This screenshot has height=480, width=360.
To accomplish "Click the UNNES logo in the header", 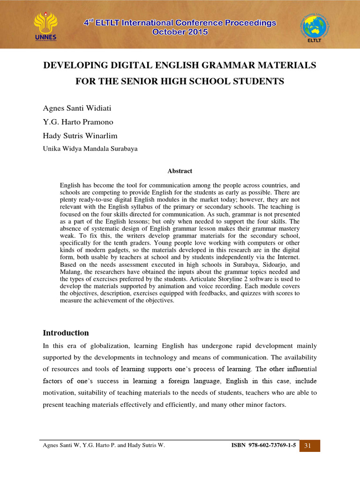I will tap(45, 26).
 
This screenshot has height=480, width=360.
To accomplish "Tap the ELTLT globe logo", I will tap(315, 27).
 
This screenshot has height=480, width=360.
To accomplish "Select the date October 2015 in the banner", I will tap(180, 32).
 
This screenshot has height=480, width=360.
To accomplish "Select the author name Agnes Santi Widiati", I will tap(77, 108).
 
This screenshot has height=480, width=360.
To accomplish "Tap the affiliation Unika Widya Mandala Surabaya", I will tap(90, 149).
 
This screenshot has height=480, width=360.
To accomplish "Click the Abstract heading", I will tap(180, 171).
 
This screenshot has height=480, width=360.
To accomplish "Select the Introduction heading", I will tap(66, 333).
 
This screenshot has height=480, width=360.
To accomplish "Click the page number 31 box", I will tap(308, 445).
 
